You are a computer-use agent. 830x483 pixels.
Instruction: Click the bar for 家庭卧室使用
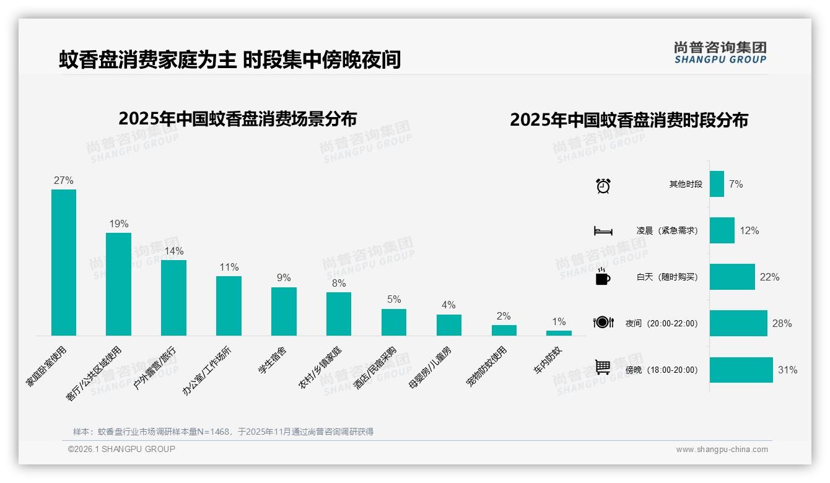pyautogui.click(x=64, y=263)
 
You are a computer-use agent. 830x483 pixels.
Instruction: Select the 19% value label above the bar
pyautogui.click(x=119, y=224)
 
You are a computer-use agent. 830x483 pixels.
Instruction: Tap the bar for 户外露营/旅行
pyautogui.click(x=173, y=298)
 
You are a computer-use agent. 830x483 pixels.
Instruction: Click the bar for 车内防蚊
pyautogui.click(x=559, y=333)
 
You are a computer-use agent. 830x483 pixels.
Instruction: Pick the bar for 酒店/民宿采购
pyautogui.click(x=394, y=322)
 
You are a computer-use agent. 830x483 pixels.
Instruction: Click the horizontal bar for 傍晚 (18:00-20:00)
pyautogui.click(x=741, y=370)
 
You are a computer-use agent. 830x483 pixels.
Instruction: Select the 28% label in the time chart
pyautogui.click(x=782, y=323)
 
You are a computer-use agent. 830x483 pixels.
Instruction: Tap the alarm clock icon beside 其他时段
pyautogui.click(x=603, y=185)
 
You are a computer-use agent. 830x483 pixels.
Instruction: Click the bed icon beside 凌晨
pyautogui.click(x=603, y=231)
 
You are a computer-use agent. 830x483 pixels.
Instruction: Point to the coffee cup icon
pyautogui.click(x=603, y=277)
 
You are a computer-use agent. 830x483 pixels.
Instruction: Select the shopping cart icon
pyautogui.click(x=603, y=367)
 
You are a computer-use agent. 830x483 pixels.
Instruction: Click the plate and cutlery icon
pyautogui.click(x=603, y=322)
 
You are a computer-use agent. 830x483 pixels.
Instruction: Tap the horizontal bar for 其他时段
pyautogui.click(x=717, y=184)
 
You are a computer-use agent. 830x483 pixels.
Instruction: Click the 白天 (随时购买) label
pyautogui.click(x=666, y=277)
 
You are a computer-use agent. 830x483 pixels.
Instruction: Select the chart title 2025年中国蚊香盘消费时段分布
pyautogui.click(x=629, y=120)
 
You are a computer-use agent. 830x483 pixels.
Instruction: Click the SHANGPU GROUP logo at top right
pyautogui.click(x=720, y=53)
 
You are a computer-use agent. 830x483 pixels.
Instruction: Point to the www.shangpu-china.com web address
pyautogui.click(x=722, y=450)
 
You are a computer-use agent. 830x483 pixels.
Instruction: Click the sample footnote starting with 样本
pyautogui.click(x=223, y=432)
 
